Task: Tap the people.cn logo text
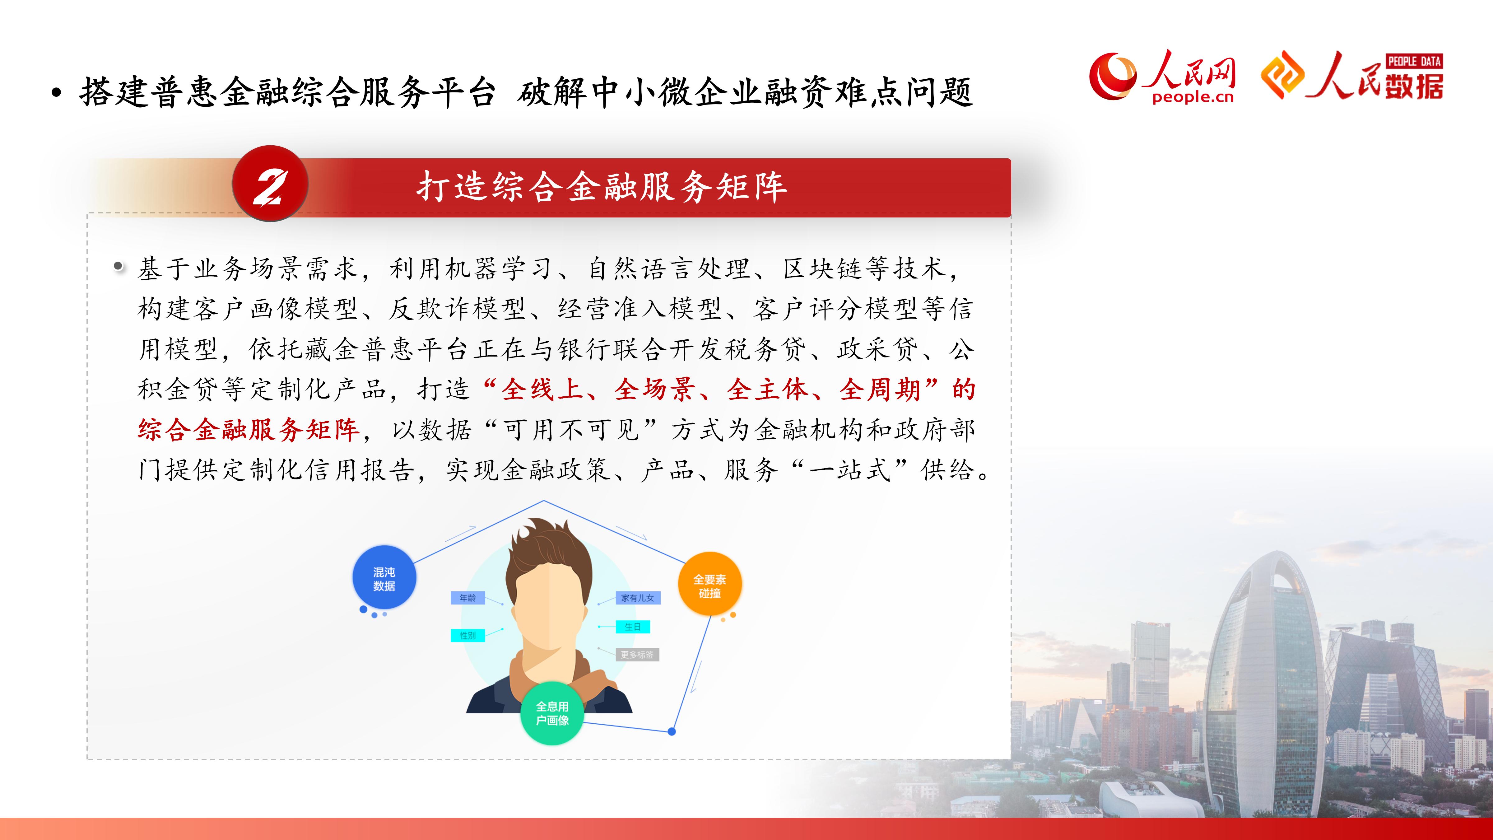pyautogui.click(x=1193, y=97)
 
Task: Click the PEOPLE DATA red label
pyautogui.click(x=1414, y=61)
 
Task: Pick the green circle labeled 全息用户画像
pyautogui.click(x=552, y=713)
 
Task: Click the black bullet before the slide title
pyautogui.click(x=56, y=93)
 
